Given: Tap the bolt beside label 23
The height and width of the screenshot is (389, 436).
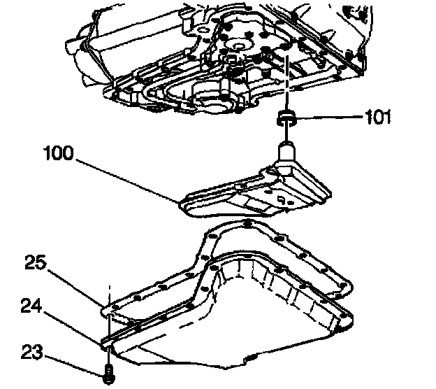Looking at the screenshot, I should click(108, 374).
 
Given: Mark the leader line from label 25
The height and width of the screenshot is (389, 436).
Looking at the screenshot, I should click(77, 284).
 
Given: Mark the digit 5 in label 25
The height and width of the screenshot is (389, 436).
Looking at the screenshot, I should click(42, 263).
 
